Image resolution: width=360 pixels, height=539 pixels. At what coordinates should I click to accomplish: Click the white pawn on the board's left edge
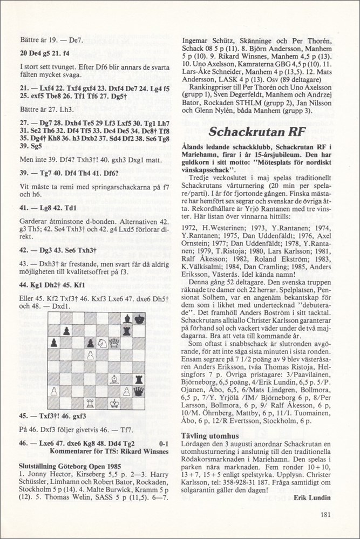(53, 391)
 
